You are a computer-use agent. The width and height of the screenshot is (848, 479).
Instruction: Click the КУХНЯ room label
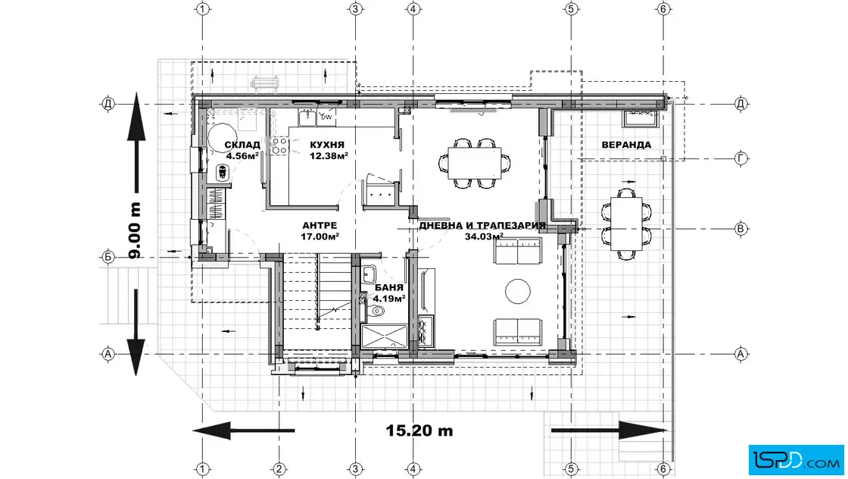[x=326, y=145]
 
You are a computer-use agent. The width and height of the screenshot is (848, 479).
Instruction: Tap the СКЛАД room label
[x=242, y=145]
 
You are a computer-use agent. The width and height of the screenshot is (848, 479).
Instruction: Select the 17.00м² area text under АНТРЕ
[x=320, y=236]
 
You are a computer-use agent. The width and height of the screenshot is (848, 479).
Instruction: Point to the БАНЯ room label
[x=389, y=287]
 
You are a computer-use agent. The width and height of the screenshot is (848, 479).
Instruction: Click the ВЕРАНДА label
[x=626, y=145]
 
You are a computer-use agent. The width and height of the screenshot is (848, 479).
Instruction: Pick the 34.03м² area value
[x=484, y=236]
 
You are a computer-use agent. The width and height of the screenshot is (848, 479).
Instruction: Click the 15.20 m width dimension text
[x=419, y=430]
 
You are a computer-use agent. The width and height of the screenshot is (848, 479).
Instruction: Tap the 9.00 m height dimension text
[x=136, y=230]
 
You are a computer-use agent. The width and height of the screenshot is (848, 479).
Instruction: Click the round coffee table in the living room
[x=518, y=292]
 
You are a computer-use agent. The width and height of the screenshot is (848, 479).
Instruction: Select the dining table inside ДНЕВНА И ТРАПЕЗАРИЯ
[x=475, y=163]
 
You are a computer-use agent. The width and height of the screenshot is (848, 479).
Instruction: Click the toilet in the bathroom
[x=376, y=312]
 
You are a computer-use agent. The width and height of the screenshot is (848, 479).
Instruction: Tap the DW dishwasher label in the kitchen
[x=326, y=117]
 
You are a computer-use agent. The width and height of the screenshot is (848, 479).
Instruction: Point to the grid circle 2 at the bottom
[x=279, y=468]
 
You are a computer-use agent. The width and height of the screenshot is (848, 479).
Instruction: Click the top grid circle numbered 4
[x=413, y=8]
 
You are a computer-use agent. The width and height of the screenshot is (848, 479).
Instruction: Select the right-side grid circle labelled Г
[x=741, y=158]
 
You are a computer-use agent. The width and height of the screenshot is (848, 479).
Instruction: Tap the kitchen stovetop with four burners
[x=279, y=146]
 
